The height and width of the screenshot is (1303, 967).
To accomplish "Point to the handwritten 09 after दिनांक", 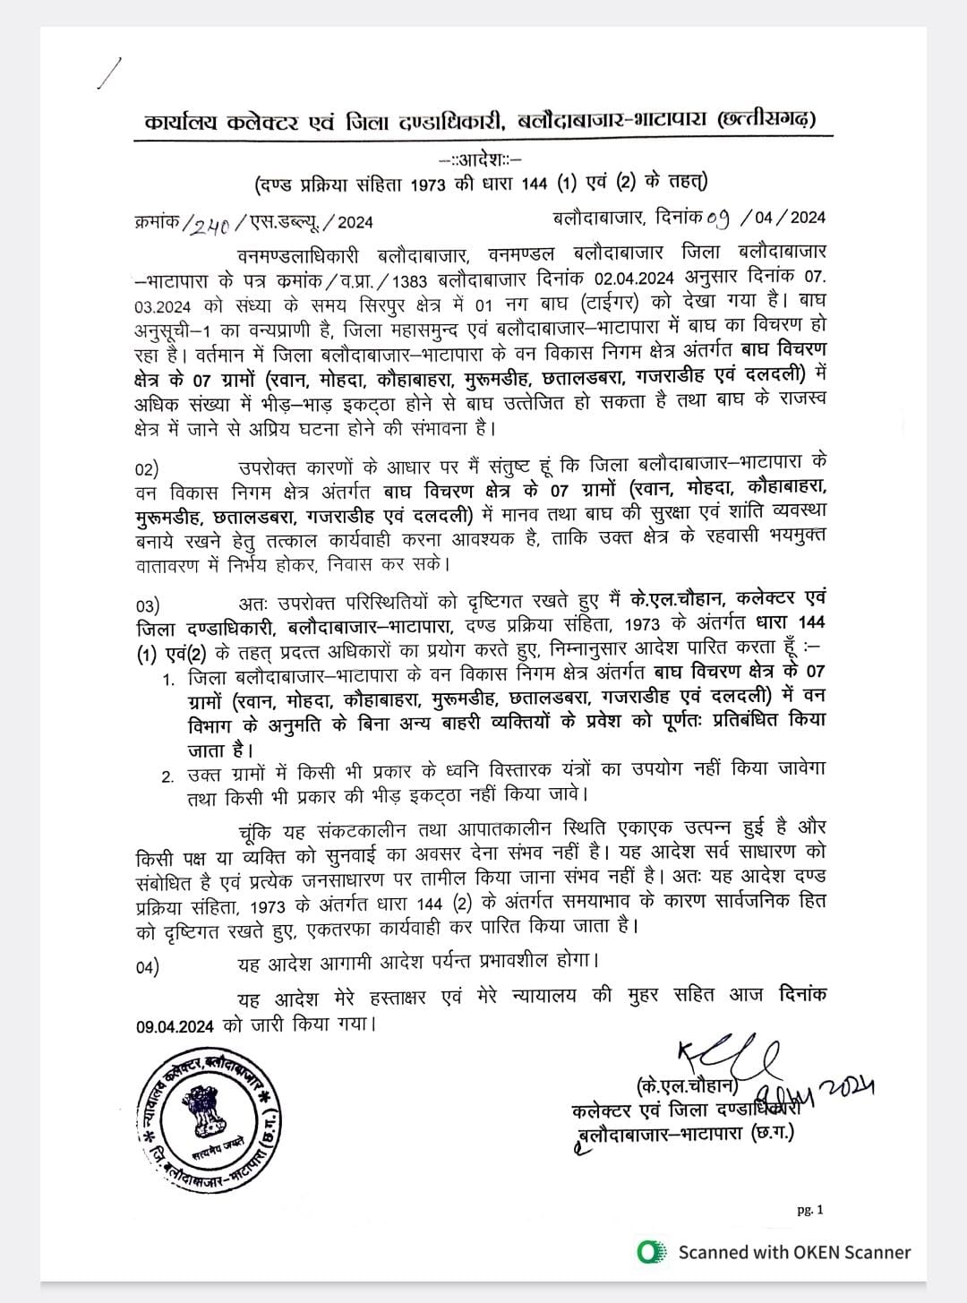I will (719, 217).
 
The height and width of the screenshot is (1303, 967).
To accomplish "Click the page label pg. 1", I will (810, 1210).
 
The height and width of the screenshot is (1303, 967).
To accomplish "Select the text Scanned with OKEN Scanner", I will (794, 1252).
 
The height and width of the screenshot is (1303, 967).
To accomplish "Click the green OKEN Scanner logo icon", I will (650, 1252).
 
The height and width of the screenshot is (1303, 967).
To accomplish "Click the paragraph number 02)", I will (147, 469).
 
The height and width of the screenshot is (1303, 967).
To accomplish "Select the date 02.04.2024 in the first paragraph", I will (636, 277).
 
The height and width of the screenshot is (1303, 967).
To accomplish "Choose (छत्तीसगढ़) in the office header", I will (773, 119).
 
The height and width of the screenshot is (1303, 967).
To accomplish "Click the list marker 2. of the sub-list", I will (168, 776).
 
